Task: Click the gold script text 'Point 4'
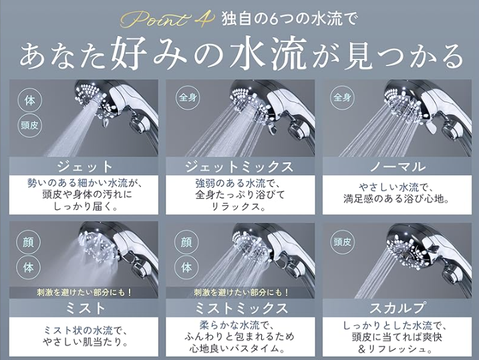point(168,20)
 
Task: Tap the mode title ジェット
point(85,166)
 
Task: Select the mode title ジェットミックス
point(240,166)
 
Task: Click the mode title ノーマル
point(397,166)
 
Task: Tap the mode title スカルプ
point(397,308)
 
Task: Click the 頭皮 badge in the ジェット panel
point(29,125)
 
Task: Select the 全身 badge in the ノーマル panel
point(342,98)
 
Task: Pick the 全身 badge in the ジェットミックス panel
point(188,98)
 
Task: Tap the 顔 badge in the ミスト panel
point(29,242)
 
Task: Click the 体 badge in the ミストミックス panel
point(186,267)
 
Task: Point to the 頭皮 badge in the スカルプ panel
point(342,242)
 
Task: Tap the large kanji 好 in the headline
point(126,55)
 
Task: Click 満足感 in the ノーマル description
point(358,199)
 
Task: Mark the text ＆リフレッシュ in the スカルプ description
point(396,349)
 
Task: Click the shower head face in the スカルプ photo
point(406,248)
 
